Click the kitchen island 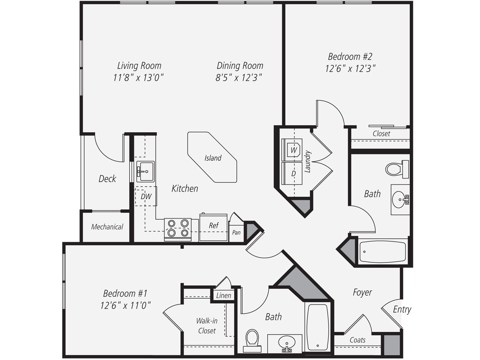pos(212,157)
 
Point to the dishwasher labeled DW pos(146,196)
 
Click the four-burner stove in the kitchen pos(178,228)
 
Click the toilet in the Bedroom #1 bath pos(252,339)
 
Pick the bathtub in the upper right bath pos(382,252)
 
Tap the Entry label pos(402,309)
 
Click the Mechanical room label pos(107,227)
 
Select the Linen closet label pos(223,295)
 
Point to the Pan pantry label pos(236,232)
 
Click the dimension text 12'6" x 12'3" pos(350,69)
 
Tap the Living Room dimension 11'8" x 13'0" pos(139,78)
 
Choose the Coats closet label pos(357,340)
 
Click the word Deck pos(107,179)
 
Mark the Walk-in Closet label pos(207,326)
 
